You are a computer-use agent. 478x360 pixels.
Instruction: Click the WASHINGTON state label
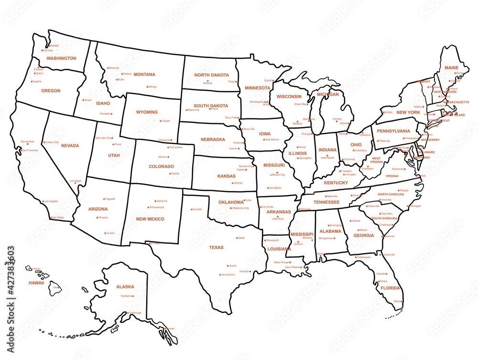tap(61, 58)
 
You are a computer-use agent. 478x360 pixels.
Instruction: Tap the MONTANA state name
tap(144, 75)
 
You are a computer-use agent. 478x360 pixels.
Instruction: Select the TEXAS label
tap(216, 248)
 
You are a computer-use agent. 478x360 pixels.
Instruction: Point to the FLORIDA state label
tap(390, 289)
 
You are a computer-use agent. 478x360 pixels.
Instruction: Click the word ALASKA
tap(125, 287)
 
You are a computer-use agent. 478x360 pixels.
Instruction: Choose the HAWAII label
tap(36, 283)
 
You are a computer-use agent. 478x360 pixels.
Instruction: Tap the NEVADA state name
tap(70, 146)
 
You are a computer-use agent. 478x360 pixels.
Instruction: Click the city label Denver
tap(163, 157)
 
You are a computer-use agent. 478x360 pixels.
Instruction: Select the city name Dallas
tap(241, 238)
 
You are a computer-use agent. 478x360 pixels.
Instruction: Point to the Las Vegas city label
tap(75, 181)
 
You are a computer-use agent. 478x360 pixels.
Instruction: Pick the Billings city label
tap(152, 87)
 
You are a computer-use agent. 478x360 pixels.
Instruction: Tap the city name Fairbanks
tap(126, 296)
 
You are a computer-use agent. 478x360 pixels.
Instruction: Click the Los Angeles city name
tap(50, 201)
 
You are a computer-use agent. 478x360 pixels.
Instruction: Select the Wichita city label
tap(238, 183)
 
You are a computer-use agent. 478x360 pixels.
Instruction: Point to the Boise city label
tap(88, 100)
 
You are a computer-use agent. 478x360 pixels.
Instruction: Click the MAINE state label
tap(451, 68)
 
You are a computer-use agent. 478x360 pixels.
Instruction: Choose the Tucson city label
tap(110, 233)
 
